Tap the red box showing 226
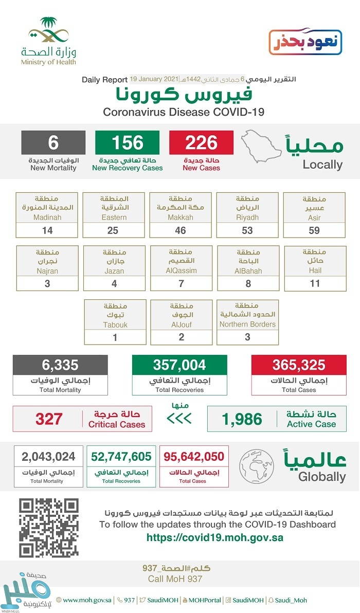coord(202,142)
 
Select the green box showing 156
coord(128,142)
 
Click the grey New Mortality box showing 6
coord(53,142)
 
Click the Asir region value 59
coord(314,230)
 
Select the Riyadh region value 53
coord(247,230)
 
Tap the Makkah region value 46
coord(181,230)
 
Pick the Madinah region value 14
coord(47,230)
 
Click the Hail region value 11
coord(314,283)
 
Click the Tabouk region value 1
coord(115,337)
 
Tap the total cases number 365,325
coord(299,365)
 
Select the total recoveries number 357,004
coord(179,365)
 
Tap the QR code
coord(49,527)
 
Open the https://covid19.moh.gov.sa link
coord(215,537)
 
